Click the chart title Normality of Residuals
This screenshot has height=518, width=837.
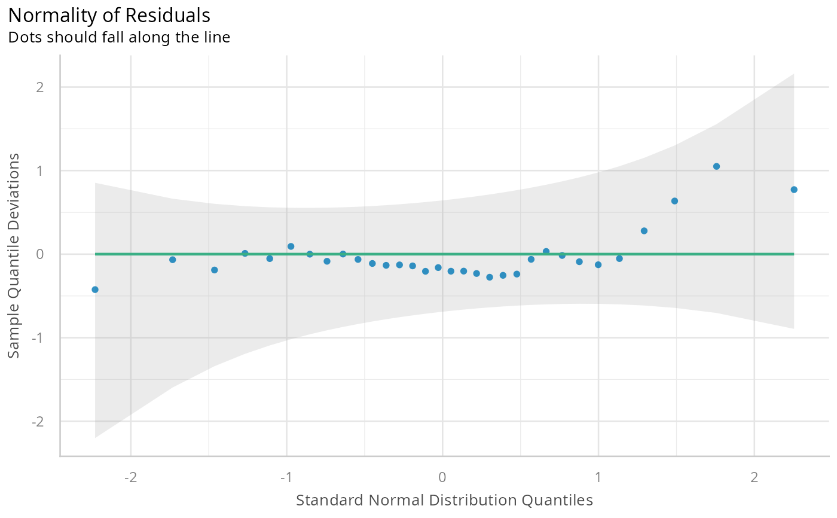click(x=109, y=14)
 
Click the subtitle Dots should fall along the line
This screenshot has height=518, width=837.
click(x=119, y=37)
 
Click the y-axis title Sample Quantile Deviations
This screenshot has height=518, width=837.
click(x=14, y=255)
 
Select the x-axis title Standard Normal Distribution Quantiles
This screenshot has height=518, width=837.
click(x=444, y=500)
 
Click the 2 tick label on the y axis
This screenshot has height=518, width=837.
click(x=39, y=87)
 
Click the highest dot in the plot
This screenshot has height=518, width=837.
click(x=716, y=166)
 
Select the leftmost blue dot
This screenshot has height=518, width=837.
click(x=95, y=290)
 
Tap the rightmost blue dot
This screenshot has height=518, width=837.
click(x=794, y=190)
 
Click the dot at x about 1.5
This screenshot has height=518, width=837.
click(x=674, y=201)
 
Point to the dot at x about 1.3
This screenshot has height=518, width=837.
click(x=644, y=231)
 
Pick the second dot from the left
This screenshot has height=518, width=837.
click(x=173, y=260)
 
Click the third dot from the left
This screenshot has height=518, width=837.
click(x=215, y=270)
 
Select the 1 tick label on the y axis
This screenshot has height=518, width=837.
click(x=39, y=171)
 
